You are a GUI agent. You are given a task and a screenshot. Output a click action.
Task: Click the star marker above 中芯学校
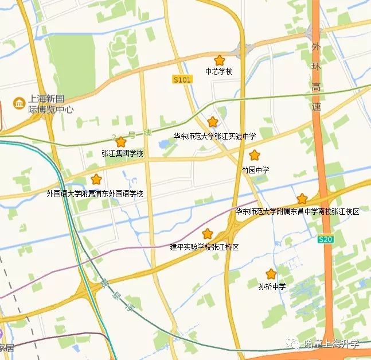coord(219,60)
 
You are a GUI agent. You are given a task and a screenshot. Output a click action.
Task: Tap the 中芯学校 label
coord(219,72)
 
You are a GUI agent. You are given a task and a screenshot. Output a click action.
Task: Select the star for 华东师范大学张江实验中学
coord(213,122)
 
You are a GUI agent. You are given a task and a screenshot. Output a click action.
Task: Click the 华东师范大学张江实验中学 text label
coord(214,136)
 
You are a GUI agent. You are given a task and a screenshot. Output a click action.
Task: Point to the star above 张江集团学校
coord(120,141)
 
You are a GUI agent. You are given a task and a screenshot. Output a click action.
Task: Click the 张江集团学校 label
coord(122,154)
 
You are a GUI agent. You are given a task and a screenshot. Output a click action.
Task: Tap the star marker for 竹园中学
coord(254,155)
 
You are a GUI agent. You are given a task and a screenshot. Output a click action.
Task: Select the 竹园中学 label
coord(255,170)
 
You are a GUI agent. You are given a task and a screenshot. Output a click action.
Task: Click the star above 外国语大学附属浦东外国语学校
coord(96,179)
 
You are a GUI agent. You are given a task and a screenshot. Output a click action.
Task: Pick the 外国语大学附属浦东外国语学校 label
coord(95,193)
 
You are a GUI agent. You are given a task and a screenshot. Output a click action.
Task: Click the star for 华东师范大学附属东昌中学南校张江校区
coord(302,199)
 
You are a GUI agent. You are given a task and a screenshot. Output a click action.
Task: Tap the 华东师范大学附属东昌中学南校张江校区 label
coord(297,212)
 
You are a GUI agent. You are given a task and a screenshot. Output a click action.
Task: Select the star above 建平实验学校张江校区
coord(207,234)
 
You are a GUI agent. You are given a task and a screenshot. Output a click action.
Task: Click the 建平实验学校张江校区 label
coord(204,247)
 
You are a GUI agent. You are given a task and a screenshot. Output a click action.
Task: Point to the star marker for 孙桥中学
coord(271,274)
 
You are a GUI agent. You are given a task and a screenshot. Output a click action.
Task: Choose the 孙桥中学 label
coord(272,287)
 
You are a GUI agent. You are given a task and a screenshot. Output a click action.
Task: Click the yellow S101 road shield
coord(182,80)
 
